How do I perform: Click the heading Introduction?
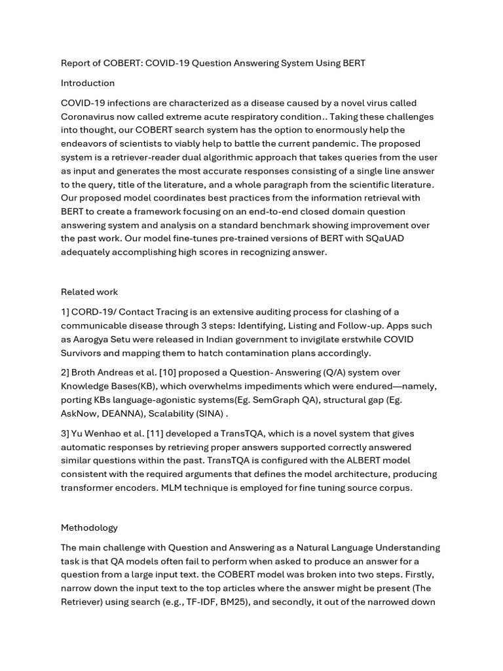[88, 83]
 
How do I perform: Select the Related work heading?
[90, 292]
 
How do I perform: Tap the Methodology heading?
[90, 527]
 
